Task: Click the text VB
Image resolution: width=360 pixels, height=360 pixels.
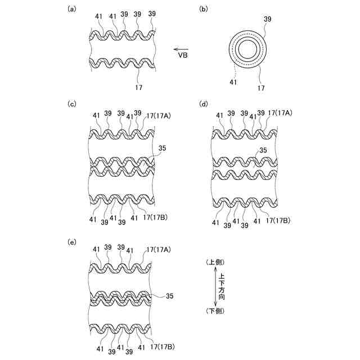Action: [x=183, y=56]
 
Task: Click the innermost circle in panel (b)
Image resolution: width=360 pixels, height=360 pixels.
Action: [x=247, y=49]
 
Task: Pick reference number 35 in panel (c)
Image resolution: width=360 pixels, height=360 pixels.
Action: [x=163, y=149]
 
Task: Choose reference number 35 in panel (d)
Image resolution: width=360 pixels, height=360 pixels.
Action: [x=262, y=150]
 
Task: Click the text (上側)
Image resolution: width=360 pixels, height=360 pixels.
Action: [x=217, y=263]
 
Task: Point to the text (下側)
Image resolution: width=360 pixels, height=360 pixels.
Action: [x=217, y=312]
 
